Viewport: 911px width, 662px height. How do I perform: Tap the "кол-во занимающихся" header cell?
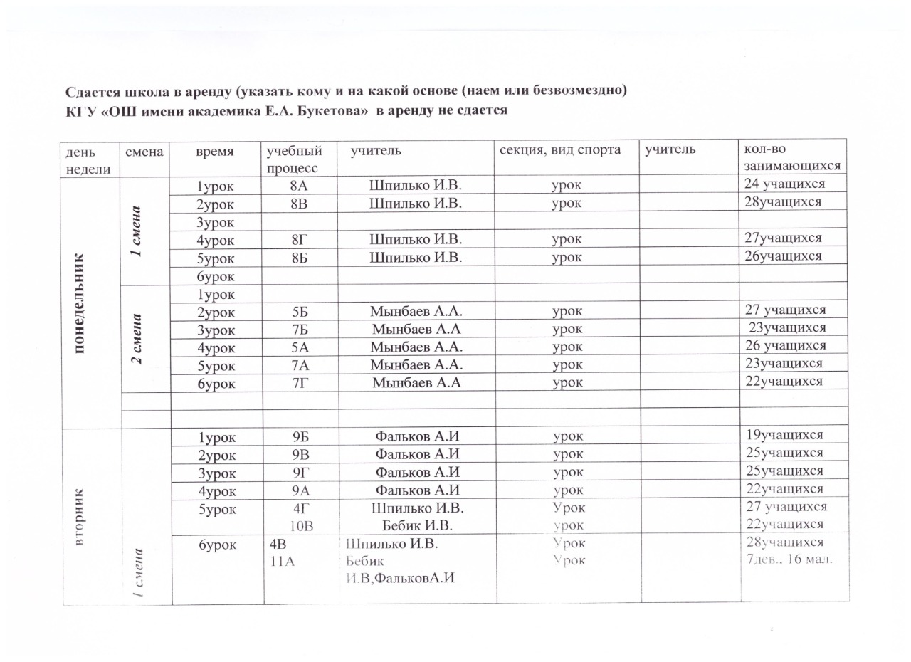[791, 158]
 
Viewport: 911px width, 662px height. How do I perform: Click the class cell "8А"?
[299, 185]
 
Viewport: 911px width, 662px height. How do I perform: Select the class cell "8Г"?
[299, 238]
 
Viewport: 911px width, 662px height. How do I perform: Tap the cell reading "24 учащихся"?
[784, 184]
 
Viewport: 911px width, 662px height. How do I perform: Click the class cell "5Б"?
[299, 310]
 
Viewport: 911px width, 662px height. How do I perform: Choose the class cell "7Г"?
[299, 382]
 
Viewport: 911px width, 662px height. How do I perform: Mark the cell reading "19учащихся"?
[783, 435]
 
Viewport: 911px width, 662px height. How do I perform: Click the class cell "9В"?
[299, 453]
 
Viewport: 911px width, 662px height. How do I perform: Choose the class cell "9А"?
[299, 489]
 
